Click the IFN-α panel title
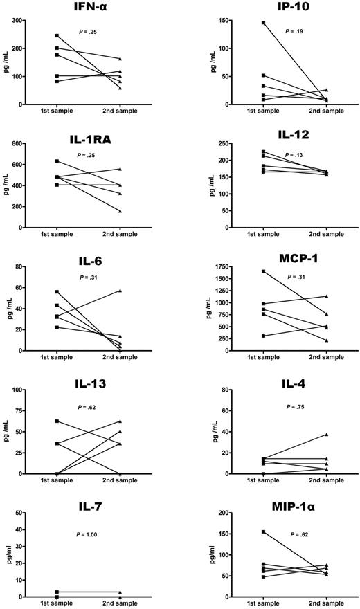[89, 8]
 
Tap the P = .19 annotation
[294, 31]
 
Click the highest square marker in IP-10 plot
[264, 23]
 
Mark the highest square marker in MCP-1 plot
[264, 271]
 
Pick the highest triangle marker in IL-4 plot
[327, 435]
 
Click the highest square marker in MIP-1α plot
[264, 531]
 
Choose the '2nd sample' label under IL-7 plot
[119, 604]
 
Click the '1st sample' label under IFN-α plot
[57, 111]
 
